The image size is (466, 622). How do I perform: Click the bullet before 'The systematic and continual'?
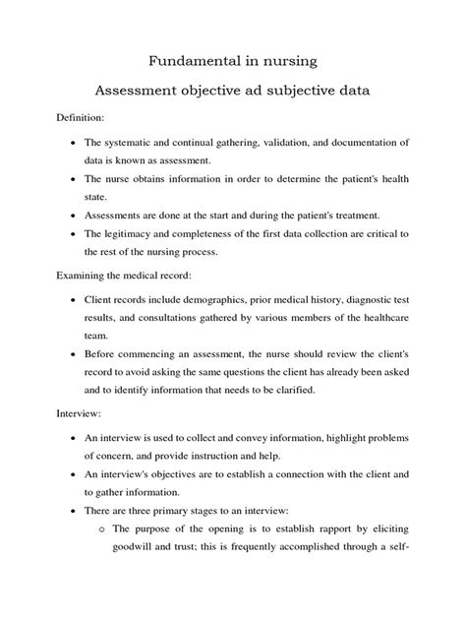click(77, 145)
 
